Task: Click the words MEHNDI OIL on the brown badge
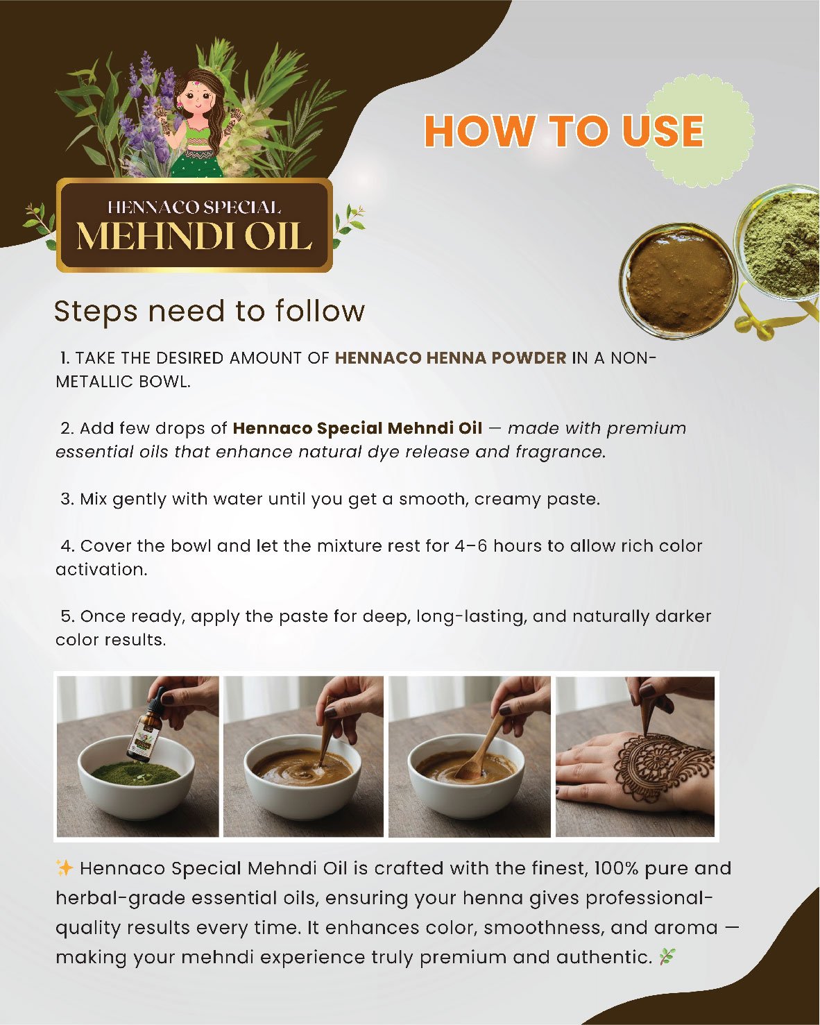[194, 237]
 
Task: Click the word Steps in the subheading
[96, 312]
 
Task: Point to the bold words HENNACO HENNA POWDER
[450, 358]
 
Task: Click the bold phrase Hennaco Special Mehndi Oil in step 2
[357, 428]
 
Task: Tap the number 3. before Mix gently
[67, 499]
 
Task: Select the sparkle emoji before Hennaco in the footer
[65, 868]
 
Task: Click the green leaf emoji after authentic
[667, 957]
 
